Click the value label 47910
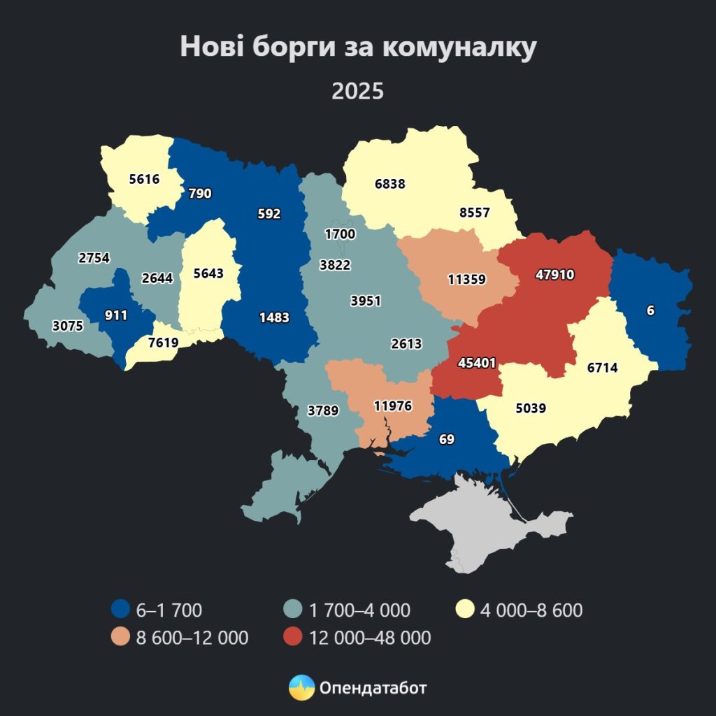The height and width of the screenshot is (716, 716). click(554, 275)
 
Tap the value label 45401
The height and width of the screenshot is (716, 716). click(478, 364)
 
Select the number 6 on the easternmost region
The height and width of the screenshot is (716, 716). click(650, 311)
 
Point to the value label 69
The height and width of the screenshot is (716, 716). click(446, 440)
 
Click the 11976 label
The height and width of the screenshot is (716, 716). click(392, 406)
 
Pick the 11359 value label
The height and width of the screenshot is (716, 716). click(466, 279)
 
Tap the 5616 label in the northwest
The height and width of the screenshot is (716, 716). click(144, 179)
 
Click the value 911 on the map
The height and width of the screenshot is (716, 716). click(116, 315)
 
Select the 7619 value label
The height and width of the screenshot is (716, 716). click(162, 342)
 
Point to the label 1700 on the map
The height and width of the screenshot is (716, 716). click(341, 234)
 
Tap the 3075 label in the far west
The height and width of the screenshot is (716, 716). click(68, 326)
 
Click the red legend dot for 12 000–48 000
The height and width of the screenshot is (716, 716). click(293, 637)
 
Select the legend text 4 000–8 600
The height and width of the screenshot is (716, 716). click(531, 610)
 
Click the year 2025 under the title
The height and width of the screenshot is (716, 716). click(357, 92)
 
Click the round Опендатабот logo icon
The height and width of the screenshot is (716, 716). click(301, 688)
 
